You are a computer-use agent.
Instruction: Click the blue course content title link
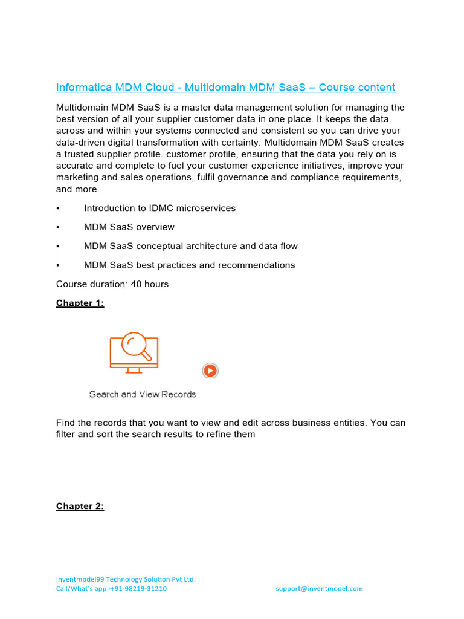225,88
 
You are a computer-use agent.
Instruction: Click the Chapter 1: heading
80,303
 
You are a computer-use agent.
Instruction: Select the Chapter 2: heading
80,506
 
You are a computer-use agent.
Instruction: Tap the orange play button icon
210,371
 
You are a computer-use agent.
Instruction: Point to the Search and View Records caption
143,394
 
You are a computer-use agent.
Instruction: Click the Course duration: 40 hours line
112,284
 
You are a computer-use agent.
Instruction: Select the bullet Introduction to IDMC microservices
159,208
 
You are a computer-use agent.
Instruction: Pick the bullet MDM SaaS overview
129,227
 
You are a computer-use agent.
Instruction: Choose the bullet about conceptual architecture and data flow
191,246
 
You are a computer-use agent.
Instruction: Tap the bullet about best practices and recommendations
190,265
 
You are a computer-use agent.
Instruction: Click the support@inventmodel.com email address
319,588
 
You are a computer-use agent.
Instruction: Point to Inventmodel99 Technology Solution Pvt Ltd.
126,578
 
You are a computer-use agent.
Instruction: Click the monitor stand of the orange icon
134,370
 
